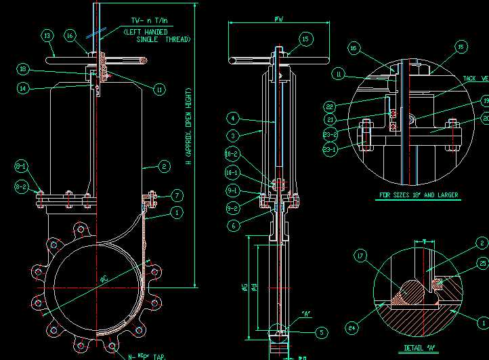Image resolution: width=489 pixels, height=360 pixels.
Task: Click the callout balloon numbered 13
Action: pyautogui.click(x=47, y=35)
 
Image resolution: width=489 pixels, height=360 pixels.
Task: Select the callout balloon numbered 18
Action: pyautogui.click(x=22, y=69)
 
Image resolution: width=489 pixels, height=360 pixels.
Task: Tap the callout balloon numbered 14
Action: pyautogui.click(x=22, y=87)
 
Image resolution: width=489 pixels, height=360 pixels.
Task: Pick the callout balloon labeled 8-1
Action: pyautogui.click(x=21, y=165)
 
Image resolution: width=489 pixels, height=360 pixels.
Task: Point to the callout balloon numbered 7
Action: pyautogui.click(x=177, y=195)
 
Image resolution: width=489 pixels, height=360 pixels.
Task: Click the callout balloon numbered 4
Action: pyautogui.click(x=232, y=118)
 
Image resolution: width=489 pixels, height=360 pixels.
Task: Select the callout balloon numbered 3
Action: pyautogui.click(x=232, y=136)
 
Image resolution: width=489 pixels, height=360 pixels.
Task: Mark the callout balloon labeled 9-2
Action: pyautogui.click(x=232, y=208)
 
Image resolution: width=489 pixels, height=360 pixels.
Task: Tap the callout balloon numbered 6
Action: pyautogui.click(x=232, y=226)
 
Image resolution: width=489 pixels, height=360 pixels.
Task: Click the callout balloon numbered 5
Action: pyautogui.click(x=322, y=332)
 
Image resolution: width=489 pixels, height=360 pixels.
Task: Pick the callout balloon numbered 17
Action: pyautogui.click(x=360, y=256)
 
